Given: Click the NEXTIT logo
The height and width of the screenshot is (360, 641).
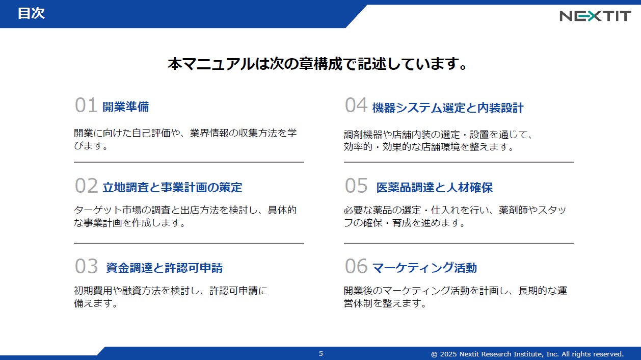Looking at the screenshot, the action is tap(595, 16).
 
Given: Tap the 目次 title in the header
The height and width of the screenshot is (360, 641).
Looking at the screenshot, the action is tap(31, 13).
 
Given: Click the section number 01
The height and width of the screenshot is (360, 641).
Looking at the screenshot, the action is tap(86, 105).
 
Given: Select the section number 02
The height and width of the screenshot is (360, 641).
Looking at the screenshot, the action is tap(86, 186).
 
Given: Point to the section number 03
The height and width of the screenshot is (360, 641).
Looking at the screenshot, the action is tap(86, 266).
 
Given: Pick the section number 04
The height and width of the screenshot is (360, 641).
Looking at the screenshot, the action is tap(356, 105).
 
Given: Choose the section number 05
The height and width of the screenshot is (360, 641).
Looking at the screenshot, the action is tap(356, 186).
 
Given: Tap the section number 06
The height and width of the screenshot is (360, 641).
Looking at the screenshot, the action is tap(356, 266).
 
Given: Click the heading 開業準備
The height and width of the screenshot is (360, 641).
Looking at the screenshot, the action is tap(126, 107).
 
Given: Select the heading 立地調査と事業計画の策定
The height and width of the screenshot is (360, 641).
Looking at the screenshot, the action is tap(172, 187).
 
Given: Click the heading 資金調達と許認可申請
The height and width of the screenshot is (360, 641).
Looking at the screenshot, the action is tap(164, 268).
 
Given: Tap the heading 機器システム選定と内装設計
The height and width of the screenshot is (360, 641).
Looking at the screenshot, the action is tap(448, 108).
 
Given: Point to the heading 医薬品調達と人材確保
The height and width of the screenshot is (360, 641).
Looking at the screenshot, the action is tap(435, 188).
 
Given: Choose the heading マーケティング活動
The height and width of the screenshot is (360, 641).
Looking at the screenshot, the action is tap(424, 268).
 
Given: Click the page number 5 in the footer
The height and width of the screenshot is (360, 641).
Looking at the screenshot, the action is tap(321, 354).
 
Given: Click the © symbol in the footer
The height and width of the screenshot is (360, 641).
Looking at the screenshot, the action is tap(434, 354).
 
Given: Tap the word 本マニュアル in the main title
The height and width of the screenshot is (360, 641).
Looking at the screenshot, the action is tap(211, 64).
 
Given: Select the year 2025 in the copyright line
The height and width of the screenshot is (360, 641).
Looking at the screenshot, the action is tap(448, 354).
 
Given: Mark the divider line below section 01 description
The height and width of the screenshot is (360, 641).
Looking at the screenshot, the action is tap(189, 162).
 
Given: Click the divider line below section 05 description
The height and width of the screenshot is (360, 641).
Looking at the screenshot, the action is tap(459, 243).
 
